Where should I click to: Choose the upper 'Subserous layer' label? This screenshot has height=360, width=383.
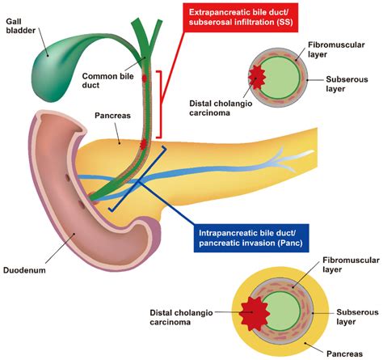click(348, 85)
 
